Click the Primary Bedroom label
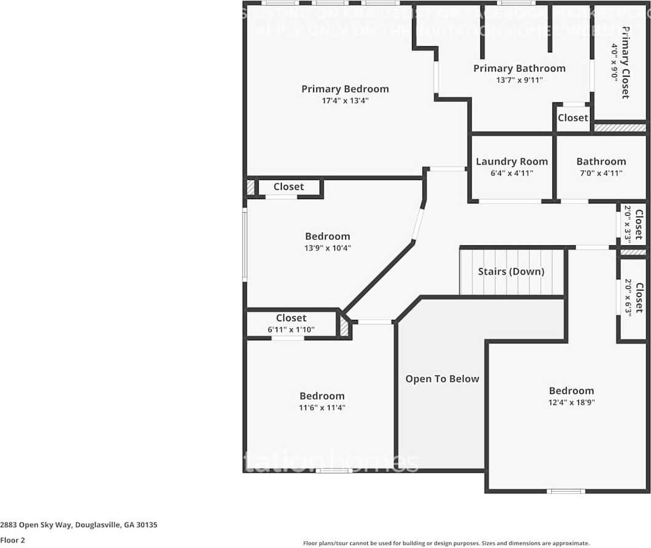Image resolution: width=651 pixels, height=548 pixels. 345,89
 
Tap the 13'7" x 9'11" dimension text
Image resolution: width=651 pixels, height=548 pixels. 519,80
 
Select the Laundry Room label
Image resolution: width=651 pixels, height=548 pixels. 511,162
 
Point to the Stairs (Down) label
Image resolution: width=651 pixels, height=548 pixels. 511,271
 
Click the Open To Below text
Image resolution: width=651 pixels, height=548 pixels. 442,379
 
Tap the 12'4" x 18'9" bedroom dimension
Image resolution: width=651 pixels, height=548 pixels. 572,403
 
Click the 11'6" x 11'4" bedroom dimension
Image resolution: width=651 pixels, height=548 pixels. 322,407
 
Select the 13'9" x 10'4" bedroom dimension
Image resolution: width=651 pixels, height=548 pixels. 328,248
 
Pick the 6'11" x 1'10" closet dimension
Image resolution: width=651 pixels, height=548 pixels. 291,330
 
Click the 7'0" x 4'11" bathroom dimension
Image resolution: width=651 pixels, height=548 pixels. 601,173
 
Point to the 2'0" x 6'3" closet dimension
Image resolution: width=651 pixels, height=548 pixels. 628,298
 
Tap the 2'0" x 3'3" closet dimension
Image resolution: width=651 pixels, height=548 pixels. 628,223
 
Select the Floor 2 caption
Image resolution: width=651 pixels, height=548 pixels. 13,540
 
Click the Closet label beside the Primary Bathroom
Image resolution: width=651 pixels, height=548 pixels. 573,118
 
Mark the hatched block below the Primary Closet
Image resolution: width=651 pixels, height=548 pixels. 620,128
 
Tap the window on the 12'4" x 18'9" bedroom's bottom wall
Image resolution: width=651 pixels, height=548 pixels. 566,491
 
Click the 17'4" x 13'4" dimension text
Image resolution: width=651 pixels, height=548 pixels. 345,100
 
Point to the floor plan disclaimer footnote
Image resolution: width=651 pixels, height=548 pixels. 446,543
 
